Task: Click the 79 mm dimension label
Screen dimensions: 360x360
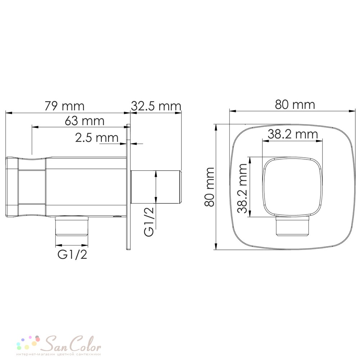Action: (64, 106)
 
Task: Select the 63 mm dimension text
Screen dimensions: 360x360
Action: (85, 121)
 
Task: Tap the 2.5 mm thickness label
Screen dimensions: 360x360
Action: (96, 138)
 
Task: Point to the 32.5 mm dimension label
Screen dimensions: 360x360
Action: (156, 106)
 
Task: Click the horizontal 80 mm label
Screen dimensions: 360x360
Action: (295, 105)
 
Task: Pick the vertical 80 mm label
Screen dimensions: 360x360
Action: (210, 187)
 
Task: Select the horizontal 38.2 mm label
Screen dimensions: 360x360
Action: (293, 134)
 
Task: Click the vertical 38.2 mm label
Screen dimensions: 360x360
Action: (242, 188)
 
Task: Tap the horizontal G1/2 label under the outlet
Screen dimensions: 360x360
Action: (72, 254)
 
